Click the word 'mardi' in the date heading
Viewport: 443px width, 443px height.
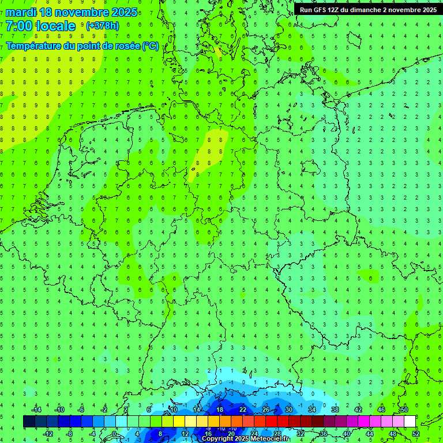(20, 12)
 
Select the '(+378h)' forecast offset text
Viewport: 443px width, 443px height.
(103, 26)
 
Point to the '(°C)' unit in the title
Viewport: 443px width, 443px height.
(150, 46)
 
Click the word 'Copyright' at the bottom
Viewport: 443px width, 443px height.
(217, 439)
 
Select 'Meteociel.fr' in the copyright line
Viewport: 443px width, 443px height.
(269, 439)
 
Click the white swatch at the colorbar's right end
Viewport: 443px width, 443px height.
(410, 422)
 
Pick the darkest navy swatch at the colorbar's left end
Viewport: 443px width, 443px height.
(29, 422)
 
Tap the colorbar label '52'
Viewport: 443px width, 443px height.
(416, 434)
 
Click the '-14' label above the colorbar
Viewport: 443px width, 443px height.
(37, 410)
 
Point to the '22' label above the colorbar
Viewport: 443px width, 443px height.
(243, 410)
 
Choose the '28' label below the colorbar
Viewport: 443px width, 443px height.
(277, 434)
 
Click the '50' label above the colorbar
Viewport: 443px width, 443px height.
(404, 410)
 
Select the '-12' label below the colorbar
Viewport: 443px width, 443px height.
(48, 434)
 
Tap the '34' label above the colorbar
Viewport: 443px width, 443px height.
(312, 410)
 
